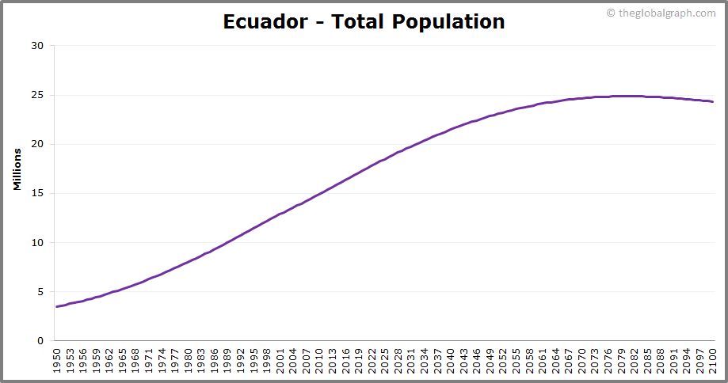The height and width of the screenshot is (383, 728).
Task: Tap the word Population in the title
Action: [447, 21]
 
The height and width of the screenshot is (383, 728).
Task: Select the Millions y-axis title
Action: [17, 169]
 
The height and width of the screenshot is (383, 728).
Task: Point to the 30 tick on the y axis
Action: [37, 46]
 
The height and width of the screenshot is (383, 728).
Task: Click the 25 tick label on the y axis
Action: [37, 95]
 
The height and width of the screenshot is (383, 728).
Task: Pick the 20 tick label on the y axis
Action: [37, 144]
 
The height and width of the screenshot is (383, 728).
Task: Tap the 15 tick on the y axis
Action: [37, 193]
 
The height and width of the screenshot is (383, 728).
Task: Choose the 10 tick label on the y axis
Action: [37, 243]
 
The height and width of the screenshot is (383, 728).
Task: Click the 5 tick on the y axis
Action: [40, 292]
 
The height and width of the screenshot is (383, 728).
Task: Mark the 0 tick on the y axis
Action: [40, 341]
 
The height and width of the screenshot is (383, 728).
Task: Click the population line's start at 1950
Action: [56, 306]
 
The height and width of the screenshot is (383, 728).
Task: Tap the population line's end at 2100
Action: [713, 101]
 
